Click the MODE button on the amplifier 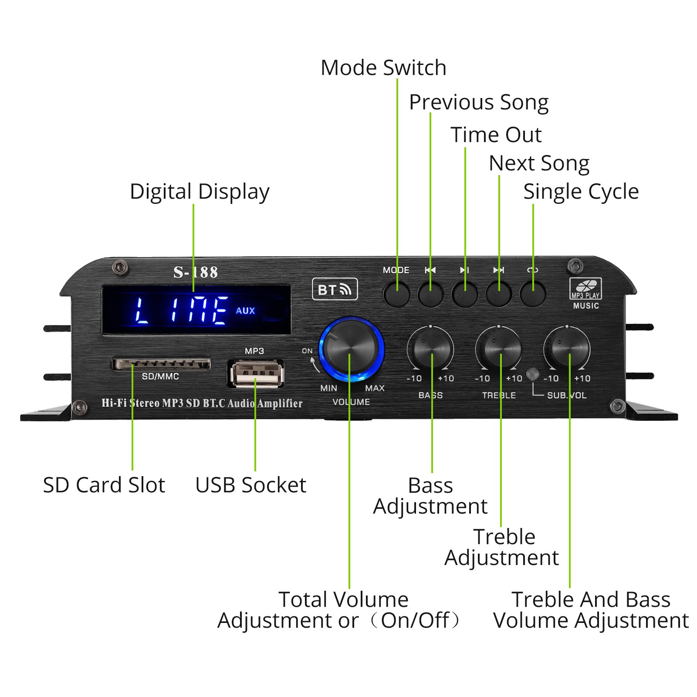(396, 294)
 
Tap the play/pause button (465, 294)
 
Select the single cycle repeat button (533, 294)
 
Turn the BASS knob (431, 348)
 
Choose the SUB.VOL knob (567, 348)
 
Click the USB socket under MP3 (256, 374)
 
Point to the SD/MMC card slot (162, 364)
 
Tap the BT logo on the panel (335, 289)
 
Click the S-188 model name (196, 272)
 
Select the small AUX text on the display (245, 311)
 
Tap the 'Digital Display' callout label (200, 192)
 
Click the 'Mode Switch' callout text (383, 68)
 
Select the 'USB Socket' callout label (250, 485)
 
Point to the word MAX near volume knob (375, 388)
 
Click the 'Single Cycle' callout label (581, 192)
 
